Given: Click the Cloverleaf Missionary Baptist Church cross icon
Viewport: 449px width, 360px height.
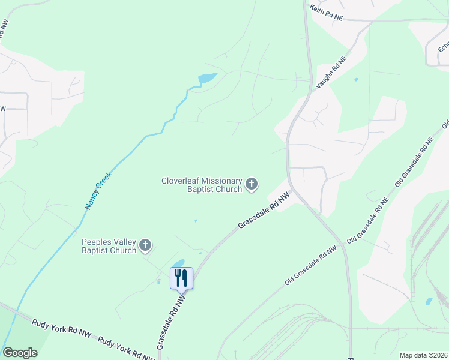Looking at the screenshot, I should click(x=252, y=185).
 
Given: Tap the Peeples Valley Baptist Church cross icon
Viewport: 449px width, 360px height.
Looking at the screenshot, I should click(x=145, y=245).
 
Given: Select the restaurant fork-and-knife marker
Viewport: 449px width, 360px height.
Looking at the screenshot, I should click(x=181, y=278).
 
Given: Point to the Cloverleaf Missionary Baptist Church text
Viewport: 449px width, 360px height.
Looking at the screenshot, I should click(x=202, y=185).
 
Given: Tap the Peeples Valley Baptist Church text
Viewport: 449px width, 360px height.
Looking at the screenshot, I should click(x=109, y=246).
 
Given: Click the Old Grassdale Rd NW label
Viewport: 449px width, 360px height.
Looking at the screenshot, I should click(x=310, y=265).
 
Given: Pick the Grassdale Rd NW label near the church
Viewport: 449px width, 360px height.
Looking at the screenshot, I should click(x=264, y=210).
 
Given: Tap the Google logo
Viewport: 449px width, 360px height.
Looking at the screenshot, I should click(x=20, y=353).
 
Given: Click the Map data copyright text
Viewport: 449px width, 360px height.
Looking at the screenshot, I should click(x=423, y=355).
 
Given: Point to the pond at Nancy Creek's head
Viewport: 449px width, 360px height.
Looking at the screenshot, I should click(x=206, y=79).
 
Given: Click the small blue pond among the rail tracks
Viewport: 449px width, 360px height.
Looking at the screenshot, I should click(x=428, y=301).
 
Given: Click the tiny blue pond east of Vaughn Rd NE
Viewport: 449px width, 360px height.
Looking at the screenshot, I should click(x=357, y=79).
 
